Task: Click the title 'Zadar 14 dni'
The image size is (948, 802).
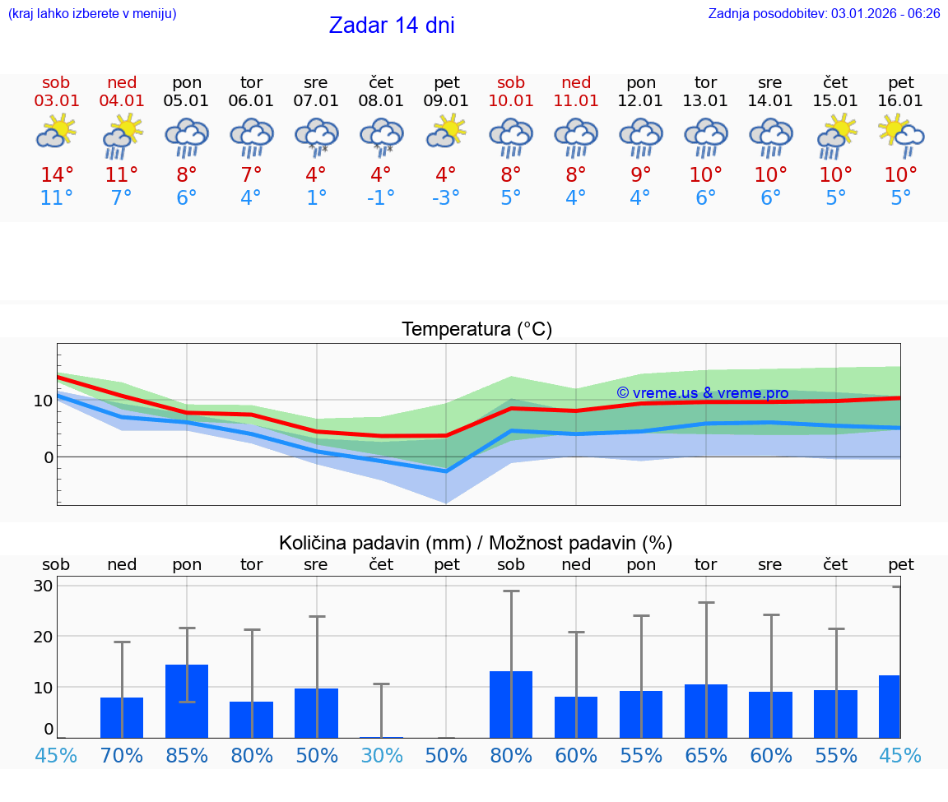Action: [x=392, y=25]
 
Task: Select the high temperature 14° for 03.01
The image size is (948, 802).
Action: [x=57, y=175]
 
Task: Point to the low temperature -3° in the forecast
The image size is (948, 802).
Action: [x=446, y=198]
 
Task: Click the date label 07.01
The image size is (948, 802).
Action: [x=315, y=100]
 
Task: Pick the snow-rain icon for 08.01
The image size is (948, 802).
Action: [x=381, y=135]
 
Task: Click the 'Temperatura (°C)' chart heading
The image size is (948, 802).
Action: [x=476, y=329]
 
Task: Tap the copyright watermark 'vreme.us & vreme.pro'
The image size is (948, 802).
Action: [x=702, y=393]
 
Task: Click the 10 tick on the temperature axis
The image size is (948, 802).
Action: [x=43, y=401]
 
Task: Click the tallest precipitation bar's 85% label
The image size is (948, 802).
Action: [x=187, y=755]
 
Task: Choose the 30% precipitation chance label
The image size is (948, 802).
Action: [x=381, y=755]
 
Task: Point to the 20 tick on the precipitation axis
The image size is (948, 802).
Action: [x=43, y=636]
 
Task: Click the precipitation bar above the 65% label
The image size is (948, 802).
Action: [x=706, y=711]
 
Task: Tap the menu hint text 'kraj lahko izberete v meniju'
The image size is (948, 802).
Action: [x=92, y=13]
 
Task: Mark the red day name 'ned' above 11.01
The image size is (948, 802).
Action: [x=576, y=82]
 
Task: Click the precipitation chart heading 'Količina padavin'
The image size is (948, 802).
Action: [x=476, y=543]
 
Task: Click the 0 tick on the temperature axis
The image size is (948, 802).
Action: [x=48, y=457]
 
